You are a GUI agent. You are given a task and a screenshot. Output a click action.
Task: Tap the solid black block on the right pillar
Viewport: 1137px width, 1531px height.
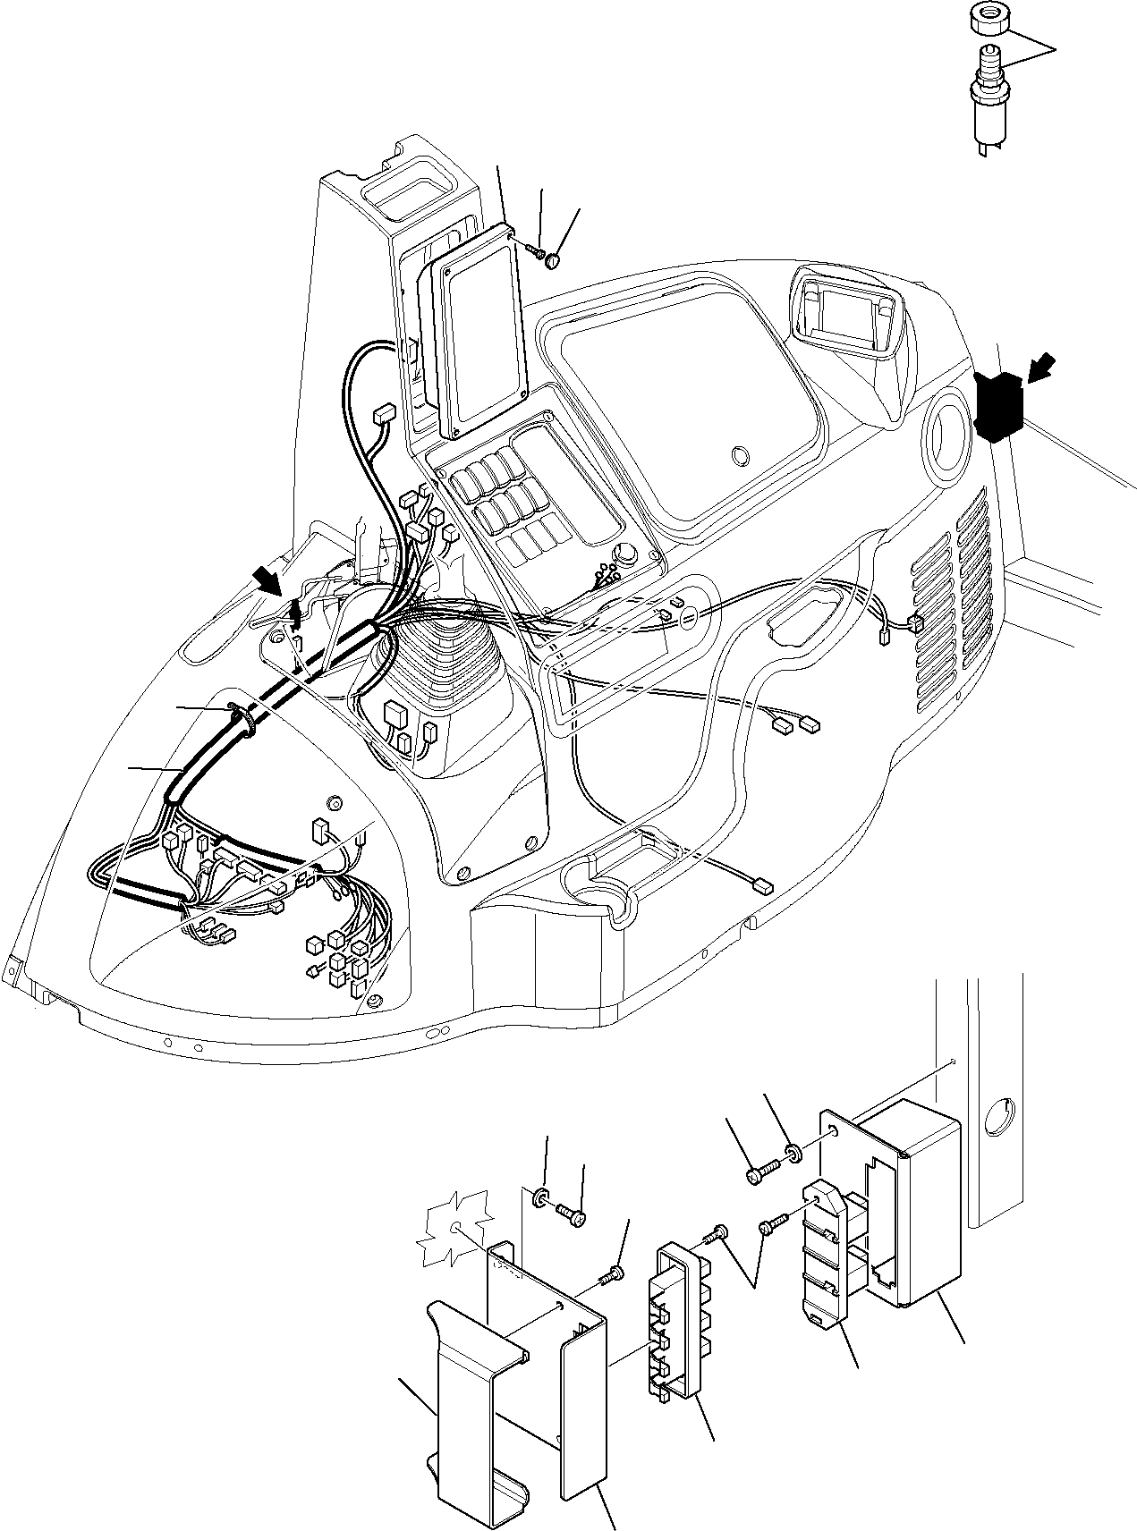999,407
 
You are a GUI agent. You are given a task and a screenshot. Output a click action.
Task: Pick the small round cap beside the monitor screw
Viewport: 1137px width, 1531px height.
555,260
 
